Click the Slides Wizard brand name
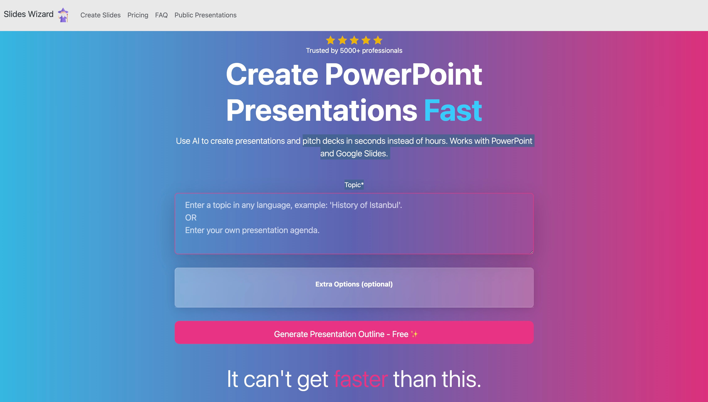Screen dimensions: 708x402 (29, 14)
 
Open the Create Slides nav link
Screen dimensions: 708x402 (100, 15)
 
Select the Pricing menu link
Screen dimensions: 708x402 (138, 15)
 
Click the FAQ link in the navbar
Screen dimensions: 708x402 (161, 15)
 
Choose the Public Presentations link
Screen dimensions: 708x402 (206, 15)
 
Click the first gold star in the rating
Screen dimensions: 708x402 (330, 40)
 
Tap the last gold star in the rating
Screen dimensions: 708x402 (378, 40)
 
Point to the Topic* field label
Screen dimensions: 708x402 (354, 185)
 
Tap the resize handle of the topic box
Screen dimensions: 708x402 (531, 252)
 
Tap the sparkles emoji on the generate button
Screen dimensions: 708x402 (414, 334)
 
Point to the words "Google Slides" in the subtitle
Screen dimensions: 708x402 (362, 153)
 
